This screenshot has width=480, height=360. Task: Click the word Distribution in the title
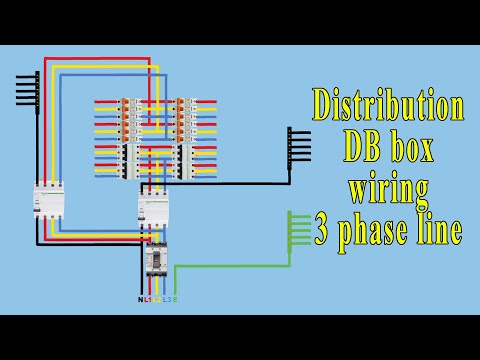point(388,104)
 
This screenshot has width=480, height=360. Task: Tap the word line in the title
point(440,230)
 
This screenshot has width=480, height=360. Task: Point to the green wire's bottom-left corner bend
point(176,266)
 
